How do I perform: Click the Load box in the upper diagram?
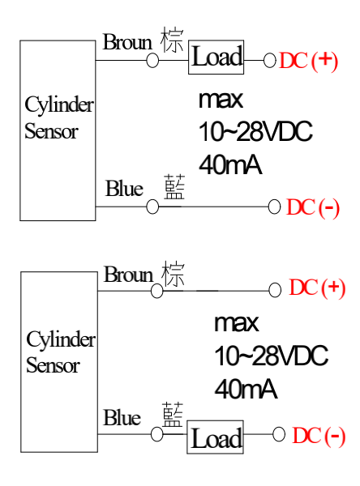(x=216, y=57)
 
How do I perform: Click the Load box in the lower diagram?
(x=215, y=437)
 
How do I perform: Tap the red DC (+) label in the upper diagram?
(x=308, y=61)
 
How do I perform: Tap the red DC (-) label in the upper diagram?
(x=313, y=207)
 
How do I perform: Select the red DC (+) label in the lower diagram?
(x=317, y=288)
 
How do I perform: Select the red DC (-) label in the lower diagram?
(x=319, y=436)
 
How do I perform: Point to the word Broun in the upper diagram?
(x=127, y=42)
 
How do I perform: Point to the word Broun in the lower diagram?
(x=128, y=275)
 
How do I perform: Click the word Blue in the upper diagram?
(x=124, y=188)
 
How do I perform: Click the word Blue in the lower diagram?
(x=122, y=417)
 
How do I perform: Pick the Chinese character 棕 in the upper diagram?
(x=172, y=40)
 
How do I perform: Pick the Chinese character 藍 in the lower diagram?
(x=173, y=415)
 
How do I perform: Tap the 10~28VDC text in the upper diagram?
(x=255, y=131)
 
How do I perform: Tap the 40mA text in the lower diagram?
(x=246, y=389)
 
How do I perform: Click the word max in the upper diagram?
(x=221, y=100)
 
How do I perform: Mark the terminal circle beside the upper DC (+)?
(x=270, y=60)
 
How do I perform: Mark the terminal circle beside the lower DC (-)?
(x=279, y=434)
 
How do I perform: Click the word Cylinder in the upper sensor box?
(x=59, y=104)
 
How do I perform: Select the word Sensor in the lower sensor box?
(x=53, y=365)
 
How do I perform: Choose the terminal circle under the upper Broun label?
(x=152, y=60)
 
